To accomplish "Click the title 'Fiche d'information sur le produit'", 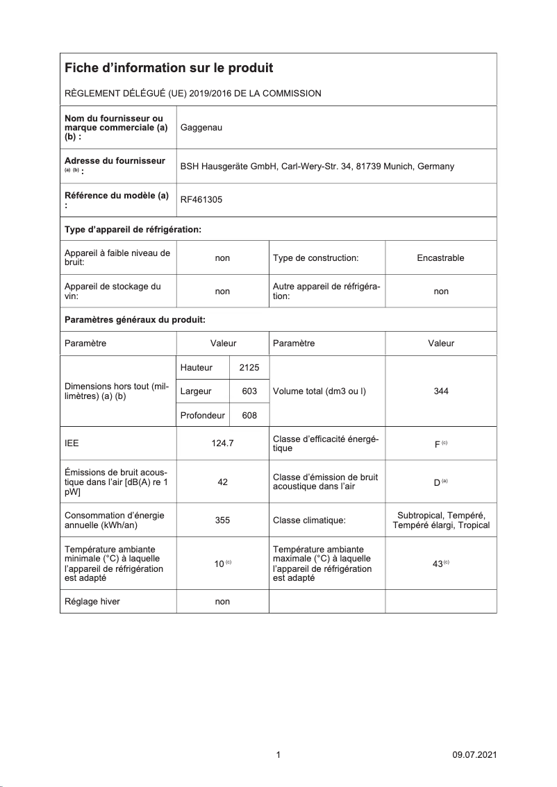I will coord(169,68).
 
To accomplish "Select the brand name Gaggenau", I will coord(201,128).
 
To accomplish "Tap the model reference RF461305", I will coord(201,200).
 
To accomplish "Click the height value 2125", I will coord(249,367).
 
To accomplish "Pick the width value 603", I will coord(249,391).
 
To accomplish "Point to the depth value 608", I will coord(249,415).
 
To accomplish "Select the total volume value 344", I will coord(440,391).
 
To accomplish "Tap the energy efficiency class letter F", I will coord(437,444).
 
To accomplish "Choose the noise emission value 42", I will coord(222,482).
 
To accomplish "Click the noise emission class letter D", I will coord(436,482).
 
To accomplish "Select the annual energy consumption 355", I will coord(222,520).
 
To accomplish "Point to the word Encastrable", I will coord(440,258).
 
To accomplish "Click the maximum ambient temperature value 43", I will coord(438,564).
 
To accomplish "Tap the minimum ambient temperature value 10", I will coord(219,564).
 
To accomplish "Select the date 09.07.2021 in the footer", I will coord(474,755).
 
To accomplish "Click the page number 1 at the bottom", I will coord(278,755).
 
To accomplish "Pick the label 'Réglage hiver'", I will coord(92,602).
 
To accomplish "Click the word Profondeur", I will coord(202,415).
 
